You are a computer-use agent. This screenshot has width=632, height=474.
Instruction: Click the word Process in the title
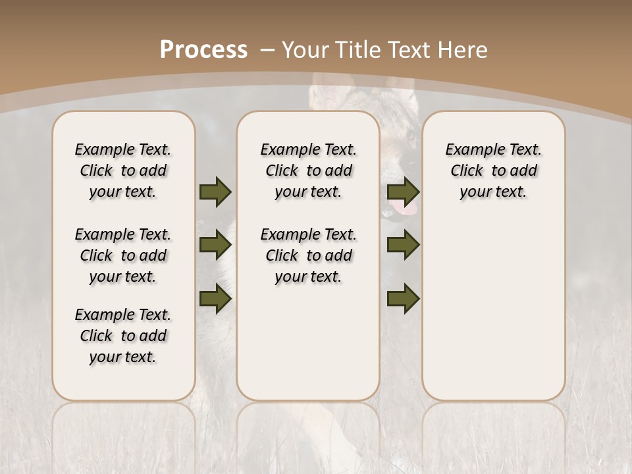click(x=203, y=50)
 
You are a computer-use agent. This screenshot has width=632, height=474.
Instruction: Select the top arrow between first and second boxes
click(x=215, y=192)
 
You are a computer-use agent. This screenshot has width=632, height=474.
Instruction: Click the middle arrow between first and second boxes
click(x=215, y=246)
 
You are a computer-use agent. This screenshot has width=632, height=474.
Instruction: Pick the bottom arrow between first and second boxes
click(x=215, y=298)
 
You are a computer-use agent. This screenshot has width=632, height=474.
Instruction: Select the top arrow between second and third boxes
click(x=403, y=192)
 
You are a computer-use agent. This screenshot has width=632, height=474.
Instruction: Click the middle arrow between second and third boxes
click(x=403, y=246)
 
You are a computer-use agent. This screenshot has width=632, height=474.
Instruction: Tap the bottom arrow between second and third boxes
click(x=403, y=298)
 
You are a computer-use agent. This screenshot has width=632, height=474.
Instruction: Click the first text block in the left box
click(x=123, y=171)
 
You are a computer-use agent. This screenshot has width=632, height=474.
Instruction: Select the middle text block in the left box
click(x=123, y=255)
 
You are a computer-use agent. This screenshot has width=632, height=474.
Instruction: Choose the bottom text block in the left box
click(x=123, y=336)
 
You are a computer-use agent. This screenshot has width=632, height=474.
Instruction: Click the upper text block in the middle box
click(x=309, y=171)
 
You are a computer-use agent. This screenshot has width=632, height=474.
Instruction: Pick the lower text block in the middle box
click(x=309, y=255)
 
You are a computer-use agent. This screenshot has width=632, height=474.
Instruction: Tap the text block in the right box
click(x=494, y=171)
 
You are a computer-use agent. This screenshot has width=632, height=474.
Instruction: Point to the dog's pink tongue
click(x=404, y=210)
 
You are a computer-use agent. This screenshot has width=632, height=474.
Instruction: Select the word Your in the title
click(x=303, y=50)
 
